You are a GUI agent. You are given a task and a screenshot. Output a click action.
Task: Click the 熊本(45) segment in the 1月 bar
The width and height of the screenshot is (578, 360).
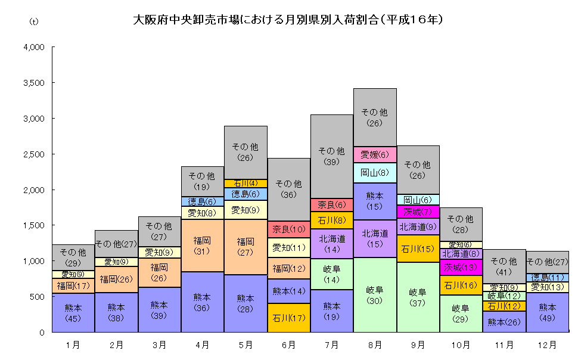73,312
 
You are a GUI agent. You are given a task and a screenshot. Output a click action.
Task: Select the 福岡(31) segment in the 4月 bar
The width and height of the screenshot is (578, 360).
203,246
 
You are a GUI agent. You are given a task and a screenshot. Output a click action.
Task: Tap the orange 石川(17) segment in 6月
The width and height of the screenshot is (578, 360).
289,318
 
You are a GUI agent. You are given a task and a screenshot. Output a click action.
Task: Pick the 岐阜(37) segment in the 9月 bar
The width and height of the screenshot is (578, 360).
418,297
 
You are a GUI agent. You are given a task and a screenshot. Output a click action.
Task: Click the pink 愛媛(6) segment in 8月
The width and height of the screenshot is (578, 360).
375,154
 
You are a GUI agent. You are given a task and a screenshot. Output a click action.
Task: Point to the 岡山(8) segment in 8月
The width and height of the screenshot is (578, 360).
375,172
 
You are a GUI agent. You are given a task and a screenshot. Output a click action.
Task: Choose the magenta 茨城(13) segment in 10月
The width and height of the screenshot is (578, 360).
461,266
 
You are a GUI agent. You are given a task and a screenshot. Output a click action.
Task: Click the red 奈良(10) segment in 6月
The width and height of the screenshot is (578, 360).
289,229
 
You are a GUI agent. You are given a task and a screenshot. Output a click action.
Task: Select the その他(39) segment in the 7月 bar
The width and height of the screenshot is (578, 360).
332,156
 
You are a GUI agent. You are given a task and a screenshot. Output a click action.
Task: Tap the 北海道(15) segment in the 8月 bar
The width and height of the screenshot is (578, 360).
375,238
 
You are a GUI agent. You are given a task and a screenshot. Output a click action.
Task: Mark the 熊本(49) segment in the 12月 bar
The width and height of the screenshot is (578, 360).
547,312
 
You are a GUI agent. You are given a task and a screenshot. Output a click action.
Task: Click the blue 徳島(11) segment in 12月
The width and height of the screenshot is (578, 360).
547,277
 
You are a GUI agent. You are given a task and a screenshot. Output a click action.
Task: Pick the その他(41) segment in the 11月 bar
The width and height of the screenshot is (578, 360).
504,266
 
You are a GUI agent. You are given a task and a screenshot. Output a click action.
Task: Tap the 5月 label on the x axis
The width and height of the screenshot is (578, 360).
246,345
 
